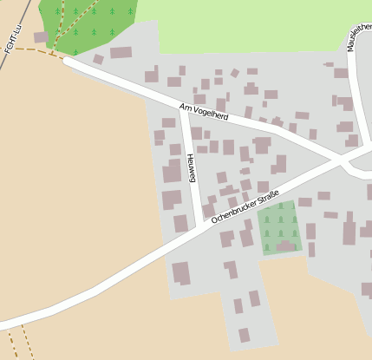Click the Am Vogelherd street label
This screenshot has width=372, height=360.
click(203, 112)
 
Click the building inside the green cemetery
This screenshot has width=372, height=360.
click(285, 247)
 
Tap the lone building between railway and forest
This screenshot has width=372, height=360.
click(41, 37)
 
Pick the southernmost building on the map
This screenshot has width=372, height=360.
click(245, 335)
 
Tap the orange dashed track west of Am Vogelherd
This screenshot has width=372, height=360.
click(35, 51)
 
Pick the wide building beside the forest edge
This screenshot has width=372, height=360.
click(121, 52)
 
